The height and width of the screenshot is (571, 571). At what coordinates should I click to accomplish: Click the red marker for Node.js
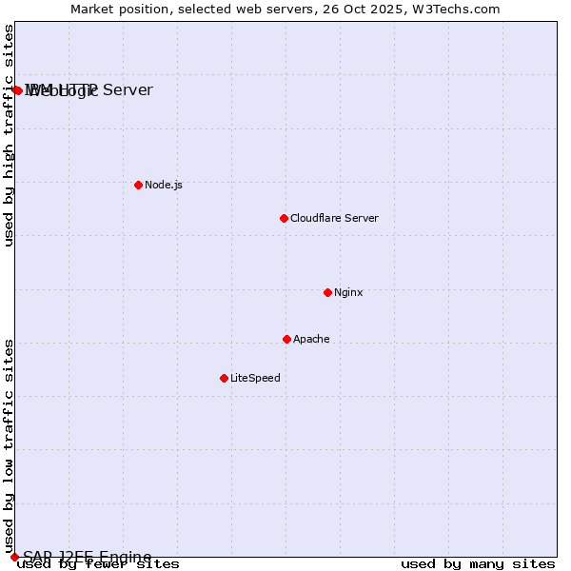pos(138,185)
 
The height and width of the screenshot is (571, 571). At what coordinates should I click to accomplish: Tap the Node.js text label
pos(163,185)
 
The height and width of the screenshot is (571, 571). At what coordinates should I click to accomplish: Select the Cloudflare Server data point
pos(284,218)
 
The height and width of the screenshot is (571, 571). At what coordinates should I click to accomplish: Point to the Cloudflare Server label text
pos(334,218)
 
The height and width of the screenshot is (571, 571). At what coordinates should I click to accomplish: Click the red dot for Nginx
pos(327,292)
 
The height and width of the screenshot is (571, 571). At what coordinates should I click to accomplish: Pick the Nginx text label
pos(348,292)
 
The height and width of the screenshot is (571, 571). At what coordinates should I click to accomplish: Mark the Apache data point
pos(286,339)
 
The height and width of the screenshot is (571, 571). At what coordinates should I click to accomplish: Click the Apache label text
pos(311,339)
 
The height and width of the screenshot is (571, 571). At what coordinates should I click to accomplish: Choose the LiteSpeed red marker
pos(224,378)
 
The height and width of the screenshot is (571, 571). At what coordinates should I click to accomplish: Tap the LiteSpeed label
pos(255,378)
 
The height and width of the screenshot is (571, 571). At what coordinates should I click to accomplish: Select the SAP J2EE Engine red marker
pos(14,557)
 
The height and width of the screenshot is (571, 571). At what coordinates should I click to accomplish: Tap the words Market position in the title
pos(114,9)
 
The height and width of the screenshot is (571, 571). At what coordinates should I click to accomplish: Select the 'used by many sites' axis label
pos(478,564)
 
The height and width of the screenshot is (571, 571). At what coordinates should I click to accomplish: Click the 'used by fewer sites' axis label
pos(98,564)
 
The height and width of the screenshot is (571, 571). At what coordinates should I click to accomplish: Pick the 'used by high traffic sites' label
pos(9,135)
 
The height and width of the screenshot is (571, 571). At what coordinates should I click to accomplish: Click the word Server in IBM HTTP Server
pos(128,89)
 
